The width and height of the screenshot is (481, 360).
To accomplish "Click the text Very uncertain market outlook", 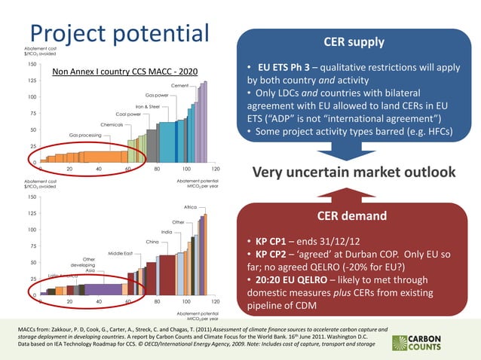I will click(x=355, y=173).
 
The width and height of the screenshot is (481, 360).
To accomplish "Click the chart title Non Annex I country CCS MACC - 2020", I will click(x=124, y=72).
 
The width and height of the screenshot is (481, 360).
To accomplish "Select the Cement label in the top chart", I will click(x=179, y=86).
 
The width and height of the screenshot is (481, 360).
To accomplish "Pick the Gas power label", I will click(x=157, y=96).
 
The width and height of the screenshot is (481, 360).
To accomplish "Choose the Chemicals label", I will click(x=112, y=124).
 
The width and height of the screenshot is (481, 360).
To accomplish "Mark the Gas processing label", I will click(x=85, y=135).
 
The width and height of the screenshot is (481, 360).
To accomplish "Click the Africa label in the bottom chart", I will click(x=190, y=206).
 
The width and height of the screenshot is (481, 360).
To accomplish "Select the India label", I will click(x=167, y=232).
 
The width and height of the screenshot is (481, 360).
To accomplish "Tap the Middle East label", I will click(x=121, y=253).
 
